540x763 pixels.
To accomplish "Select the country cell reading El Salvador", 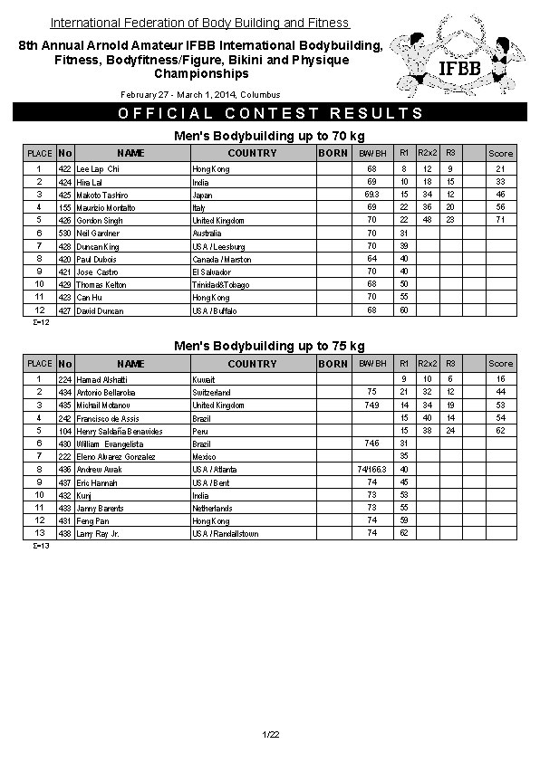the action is (x=212, y=272).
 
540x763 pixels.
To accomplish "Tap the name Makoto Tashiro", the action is (x=102, y=195).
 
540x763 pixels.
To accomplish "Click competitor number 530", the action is (x=64, y=234).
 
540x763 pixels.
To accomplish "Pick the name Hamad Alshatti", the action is (x=101, y=379).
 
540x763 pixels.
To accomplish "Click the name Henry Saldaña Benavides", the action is (x=120, y=431).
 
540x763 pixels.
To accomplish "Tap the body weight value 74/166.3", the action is (x=371, y=470).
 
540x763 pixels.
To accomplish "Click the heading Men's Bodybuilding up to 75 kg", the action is (x=269, y=346).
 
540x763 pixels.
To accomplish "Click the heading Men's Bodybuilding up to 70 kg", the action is (x=269, y=136).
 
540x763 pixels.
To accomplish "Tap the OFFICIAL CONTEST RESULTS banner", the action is (x=270, y=113).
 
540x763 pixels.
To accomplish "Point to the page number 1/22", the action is (x=270, y=733).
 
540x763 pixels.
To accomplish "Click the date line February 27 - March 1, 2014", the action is (x=200, y=95).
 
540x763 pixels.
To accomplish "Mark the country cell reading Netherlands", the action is (x=213, y=508).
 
